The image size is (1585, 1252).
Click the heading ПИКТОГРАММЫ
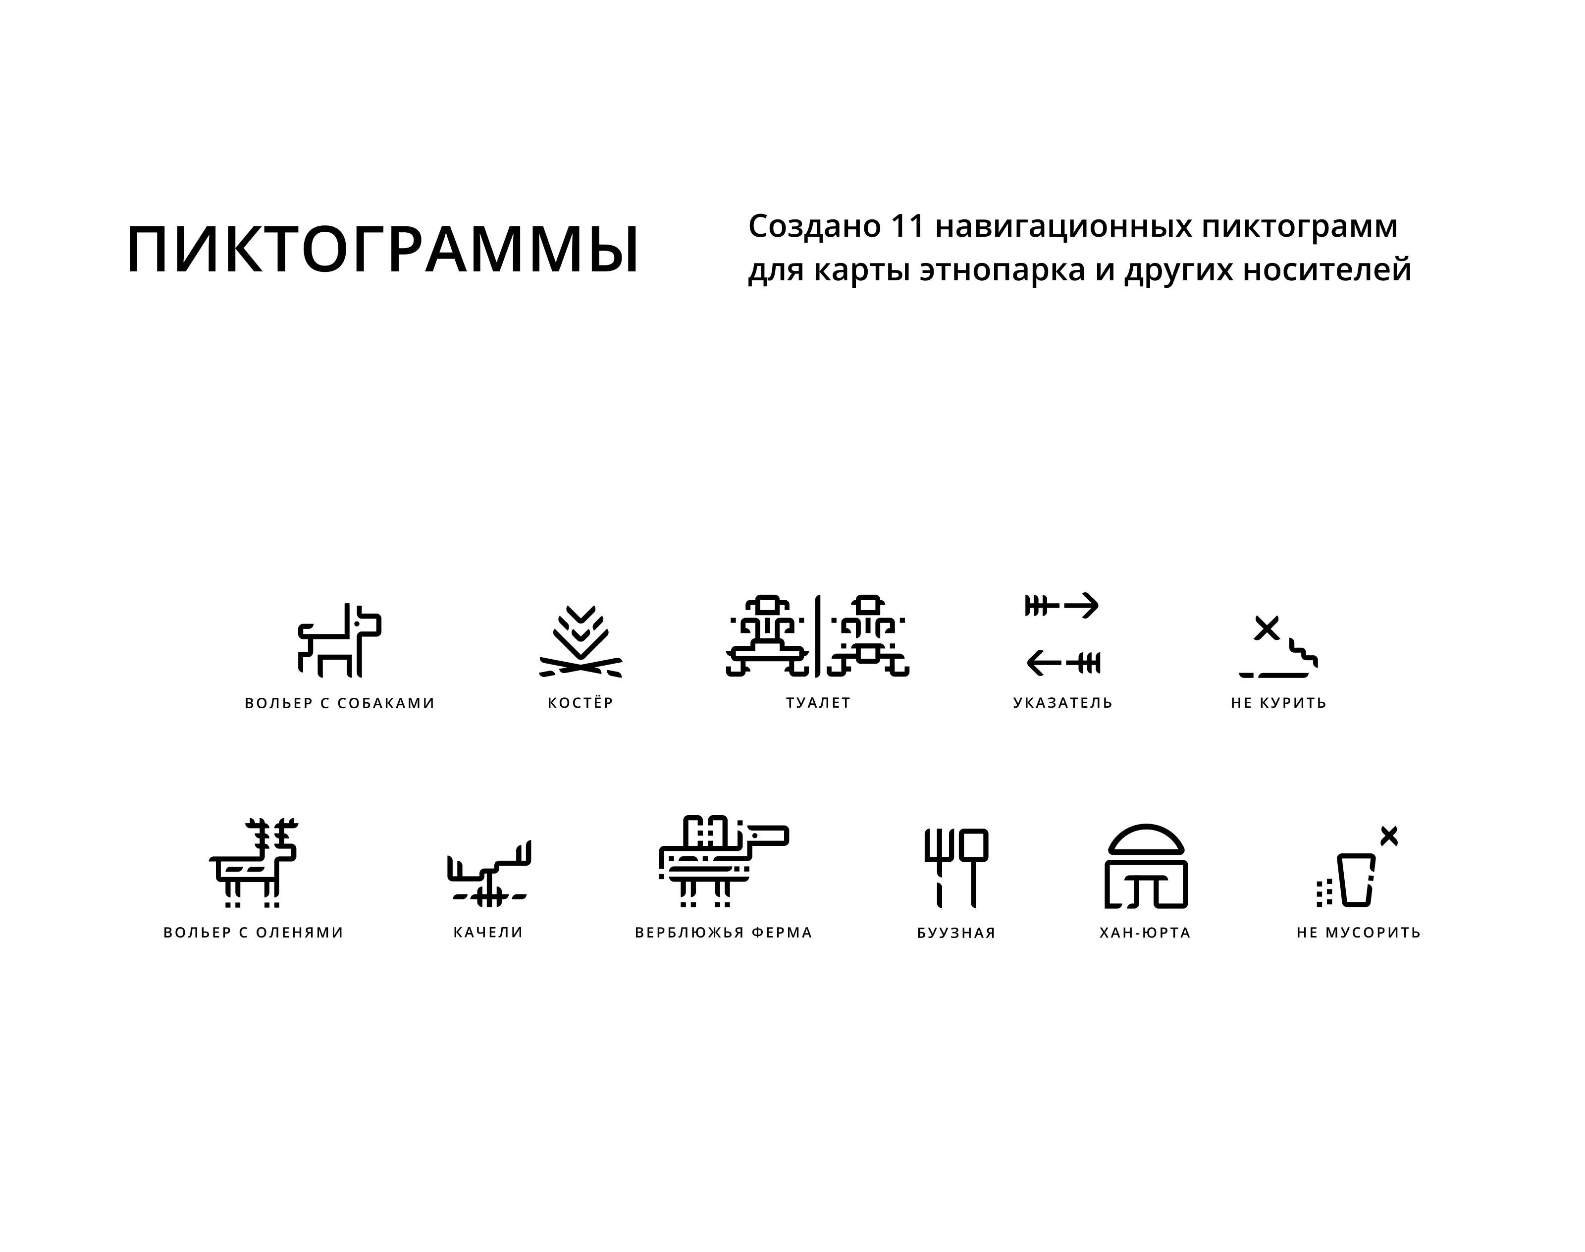383,250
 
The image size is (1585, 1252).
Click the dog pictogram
339,640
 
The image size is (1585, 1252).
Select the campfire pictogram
581,641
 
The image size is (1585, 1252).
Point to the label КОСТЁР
581,702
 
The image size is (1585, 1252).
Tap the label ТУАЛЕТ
818,702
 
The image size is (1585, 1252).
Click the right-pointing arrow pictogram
1061,606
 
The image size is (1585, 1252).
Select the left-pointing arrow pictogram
1063,663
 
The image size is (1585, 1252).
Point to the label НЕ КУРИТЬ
1278,702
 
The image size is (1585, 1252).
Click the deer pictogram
254,862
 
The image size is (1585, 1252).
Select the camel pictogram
724,861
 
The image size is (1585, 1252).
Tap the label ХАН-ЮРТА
1145,933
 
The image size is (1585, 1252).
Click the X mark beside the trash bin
1388,835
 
